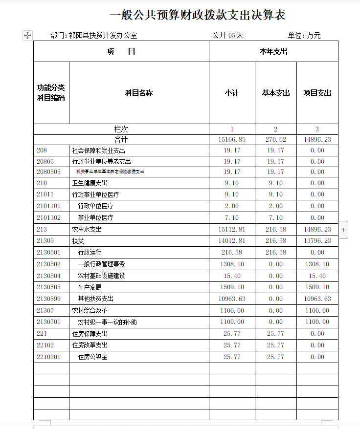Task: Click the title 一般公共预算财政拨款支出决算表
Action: (x=198, y=15)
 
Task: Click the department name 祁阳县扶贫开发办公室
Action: (x=103, y=35)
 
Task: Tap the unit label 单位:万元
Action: (x=304, y=35)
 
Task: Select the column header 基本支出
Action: (x=276, y=93)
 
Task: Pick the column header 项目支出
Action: (x=317, y=93)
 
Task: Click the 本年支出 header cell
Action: (x=273, y=51)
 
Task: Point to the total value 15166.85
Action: (x=232, y=140)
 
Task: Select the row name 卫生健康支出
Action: (x=90, y=183)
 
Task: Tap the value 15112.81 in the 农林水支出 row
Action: (x=232, y=229)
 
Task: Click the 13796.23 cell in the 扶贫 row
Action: (x=317, y=240)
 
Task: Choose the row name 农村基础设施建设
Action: (x=101, y=276)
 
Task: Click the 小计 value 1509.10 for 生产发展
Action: (x=232, y=287)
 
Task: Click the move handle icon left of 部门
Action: (x=27, y=35)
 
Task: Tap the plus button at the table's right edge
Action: (x=344, y=229)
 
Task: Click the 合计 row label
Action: (x=121, y=140)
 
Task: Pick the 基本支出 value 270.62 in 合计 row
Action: (x=275, y=140)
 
